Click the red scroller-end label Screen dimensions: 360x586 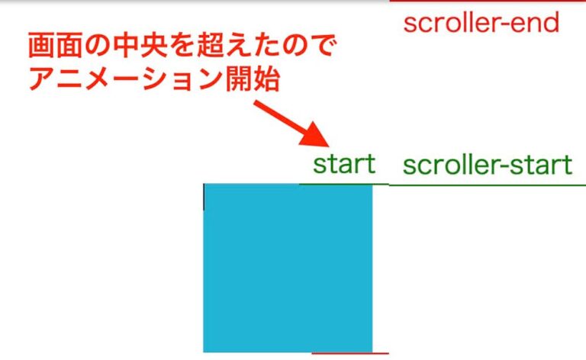coord(481,23)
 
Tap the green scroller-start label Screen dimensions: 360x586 coord(487,165)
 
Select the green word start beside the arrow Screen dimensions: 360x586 coord(344,163)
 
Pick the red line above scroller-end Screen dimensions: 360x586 coord(488,2)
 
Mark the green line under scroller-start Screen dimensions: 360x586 coord(488,185)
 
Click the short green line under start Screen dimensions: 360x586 coord(343,184)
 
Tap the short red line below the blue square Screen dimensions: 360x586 coord(350,354)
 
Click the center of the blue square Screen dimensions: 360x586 coord(288,268)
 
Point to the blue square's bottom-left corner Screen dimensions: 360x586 coord(204,351)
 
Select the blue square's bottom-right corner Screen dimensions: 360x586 coord(372,351)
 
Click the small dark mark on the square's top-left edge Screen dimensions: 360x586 coord(204,197)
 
